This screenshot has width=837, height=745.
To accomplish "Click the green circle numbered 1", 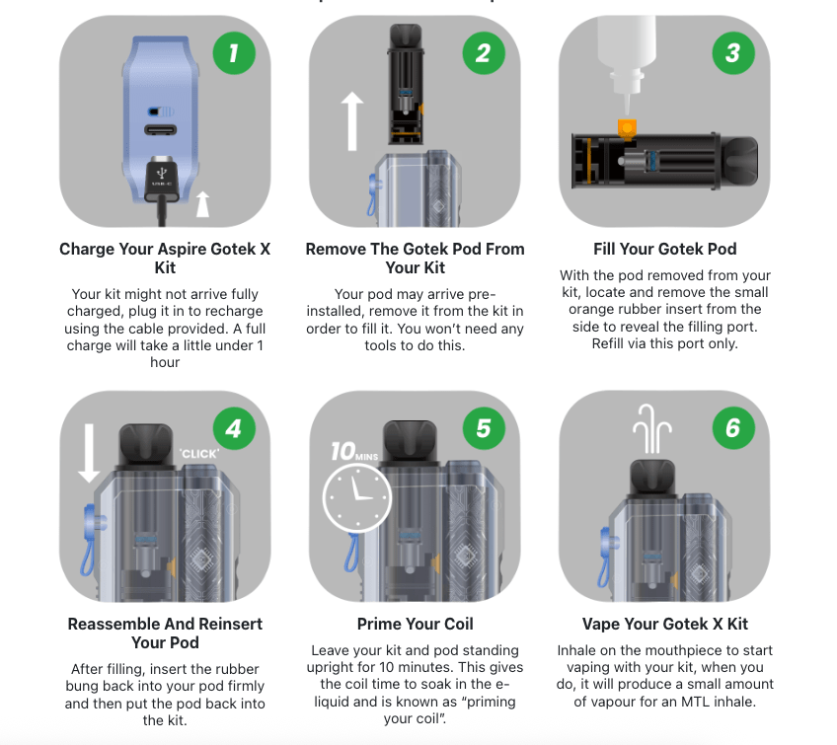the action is [234, 53].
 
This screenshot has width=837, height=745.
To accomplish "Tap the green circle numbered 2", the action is [484, 53].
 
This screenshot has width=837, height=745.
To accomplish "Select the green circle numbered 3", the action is [733, 53].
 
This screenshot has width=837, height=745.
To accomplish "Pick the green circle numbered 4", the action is [234, 428].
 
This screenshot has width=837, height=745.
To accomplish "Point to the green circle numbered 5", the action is [484, 428].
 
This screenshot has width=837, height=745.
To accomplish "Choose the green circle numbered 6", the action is [733, 428].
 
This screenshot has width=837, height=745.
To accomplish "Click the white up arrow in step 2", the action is [352, 121].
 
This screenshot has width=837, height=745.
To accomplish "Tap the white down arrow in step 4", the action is [89, 454].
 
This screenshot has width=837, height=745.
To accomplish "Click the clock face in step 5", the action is [357, 498].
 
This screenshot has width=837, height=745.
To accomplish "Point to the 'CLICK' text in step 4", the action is [199, 454].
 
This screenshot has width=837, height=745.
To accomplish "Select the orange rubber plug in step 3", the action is [627, 129].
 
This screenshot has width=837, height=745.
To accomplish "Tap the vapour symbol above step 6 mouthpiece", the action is [651, 428].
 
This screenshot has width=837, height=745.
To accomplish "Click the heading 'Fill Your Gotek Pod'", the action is [665, 250].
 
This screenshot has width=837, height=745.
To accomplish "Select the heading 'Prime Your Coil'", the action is [416, 624].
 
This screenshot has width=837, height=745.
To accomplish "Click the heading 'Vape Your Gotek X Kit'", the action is [665, 624].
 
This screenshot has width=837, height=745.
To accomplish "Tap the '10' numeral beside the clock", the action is [342, 452].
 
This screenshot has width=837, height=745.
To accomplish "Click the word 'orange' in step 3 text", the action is [591, 310].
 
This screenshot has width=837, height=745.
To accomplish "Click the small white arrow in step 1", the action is [202, 204].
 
